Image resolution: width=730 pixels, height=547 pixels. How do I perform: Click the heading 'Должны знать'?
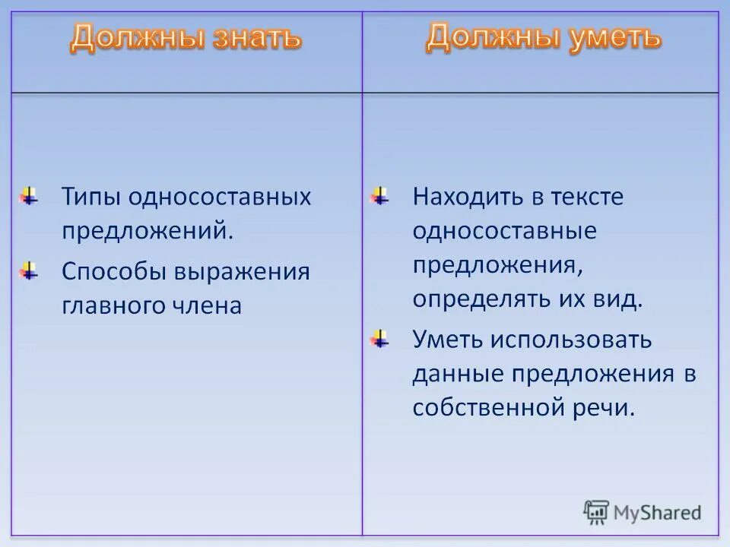pos(186,38)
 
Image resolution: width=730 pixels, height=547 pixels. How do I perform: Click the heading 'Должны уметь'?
pos(543,36)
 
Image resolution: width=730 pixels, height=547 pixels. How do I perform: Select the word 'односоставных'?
pos(220,197)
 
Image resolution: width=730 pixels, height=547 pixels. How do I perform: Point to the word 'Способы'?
pos(113,272)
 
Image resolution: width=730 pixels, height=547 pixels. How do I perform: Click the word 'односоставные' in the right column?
pos(505,231)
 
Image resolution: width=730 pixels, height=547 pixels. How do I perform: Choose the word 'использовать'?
pos(570,339)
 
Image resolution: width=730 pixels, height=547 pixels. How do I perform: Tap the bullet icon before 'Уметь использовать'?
pos(380,339)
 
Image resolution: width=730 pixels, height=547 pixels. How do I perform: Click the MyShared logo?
pos(643,512)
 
